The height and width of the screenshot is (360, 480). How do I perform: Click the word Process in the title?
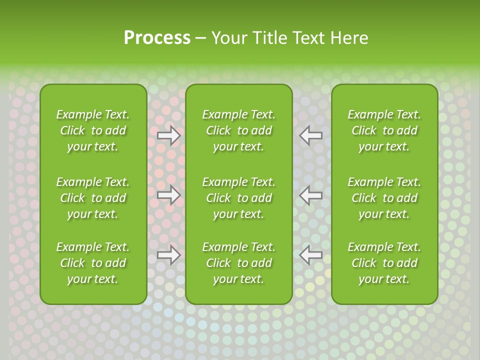pos(157,38)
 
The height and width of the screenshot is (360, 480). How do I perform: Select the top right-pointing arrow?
pos(169,135)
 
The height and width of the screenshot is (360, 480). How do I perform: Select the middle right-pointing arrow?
pos(169,195)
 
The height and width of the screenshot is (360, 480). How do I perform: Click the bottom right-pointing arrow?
pos(169,254)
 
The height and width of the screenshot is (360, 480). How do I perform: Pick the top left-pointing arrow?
pos(310,135)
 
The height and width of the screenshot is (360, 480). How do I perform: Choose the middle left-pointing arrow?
pos(310,195)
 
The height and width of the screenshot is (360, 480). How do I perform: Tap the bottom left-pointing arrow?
pos(310,254)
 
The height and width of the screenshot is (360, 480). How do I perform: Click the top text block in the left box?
pos(93,130)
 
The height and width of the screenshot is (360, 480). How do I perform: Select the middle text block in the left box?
pos(93,198)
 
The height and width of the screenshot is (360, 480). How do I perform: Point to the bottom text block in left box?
pos(93,263)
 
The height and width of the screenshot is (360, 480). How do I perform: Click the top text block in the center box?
pos(238,130)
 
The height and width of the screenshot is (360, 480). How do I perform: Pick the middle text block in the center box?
pos(238,198)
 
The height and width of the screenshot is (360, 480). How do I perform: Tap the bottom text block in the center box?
pos(238,263)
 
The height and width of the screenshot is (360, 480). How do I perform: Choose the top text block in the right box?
pos(384,130)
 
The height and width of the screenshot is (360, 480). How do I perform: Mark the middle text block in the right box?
pos(384,198)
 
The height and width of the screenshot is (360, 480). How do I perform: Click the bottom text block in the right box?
pos(384,263)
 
